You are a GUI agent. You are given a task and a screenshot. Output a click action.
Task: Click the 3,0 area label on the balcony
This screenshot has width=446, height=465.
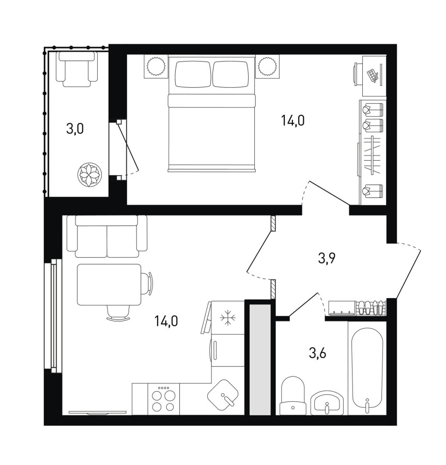(75, 129)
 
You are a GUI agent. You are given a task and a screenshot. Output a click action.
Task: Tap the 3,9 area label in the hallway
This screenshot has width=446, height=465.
(327, 259)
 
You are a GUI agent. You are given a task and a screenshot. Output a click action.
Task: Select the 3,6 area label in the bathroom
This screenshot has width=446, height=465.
(318, 353)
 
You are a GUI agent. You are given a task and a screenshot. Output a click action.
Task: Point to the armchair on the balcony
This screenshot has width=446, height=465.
(77, 69)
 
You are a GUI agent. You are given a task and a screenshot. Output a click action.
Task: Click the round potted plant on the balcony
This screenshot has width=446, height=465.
(89, 175)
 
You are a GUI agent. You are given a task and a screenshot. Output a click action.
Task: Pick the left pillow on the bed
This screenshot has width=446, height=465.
(193, 74)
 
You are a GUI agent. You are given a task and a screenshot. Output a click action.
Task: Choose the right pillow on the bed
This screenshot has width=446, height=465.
(230, 74)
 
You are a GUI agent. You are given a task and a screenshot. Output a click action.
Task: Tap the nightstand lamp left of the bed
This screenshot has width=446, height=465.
(156, 66)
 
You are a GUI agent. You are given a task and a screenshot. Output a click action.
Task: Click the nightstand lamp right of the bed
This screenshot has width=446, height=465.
(267, 66)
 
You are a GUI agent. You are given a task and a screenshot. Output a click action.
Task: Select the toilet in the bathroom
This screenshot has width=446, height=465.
(293, 396)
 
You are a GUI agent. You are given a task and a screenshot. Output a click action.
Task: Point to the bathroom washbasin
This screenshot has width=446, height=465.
(327, 402)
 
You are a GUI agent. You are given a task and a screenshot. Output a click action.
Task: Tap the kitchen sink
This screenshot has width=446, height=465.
(223, 394)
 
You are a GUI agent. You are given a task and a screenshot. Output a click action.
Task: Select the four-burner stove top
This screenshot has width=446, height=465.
(163, 399)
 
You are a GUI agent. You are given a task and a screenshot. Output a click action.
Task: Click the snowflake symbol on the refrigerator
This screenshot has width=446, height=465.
(228, 318)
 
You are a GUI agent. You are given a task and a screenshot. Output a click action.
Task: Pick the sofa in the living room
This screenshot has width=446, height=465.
(107, 236)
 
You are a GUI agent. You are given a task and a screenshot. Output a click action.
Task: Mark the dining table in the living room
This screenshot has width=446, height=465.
(109, 285)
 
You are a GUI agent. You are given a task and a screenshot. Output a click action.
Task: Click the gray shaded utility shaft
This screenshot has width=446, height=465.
(260, 360)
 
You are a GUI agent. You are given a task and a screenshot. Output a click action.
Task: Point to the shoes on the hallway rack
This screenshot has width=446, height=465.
(371, 307)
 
